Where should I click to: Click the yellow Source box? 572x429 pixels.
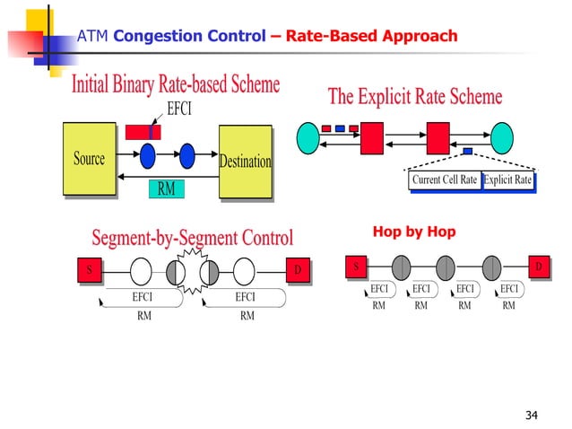[90, 160]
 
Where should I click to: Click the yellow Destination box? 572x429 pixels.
[245, 162]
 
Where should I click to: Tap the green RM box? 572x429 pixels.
[166, 188]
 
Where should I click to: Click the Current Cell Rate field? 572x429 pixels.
[445, 180]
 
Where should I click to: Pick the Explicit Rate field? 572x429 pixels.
[507, 180]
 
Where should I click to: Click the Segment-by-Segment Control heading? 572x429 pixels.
[192, 238]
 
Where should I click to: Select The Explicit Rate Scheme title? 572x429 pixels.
[414, 97]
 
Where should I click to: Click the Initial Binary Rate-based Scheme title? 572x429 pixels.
[176, 85]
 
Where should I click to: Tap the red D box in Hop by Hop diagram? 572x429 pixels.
[538, 267]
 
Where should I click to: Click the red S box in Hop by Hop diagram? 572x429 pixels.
[356, 267]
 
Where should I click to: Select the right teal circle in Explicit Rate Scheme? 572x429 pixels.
[501, 138]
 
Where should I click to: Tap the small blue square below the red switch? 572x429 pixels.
[467, 151]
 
